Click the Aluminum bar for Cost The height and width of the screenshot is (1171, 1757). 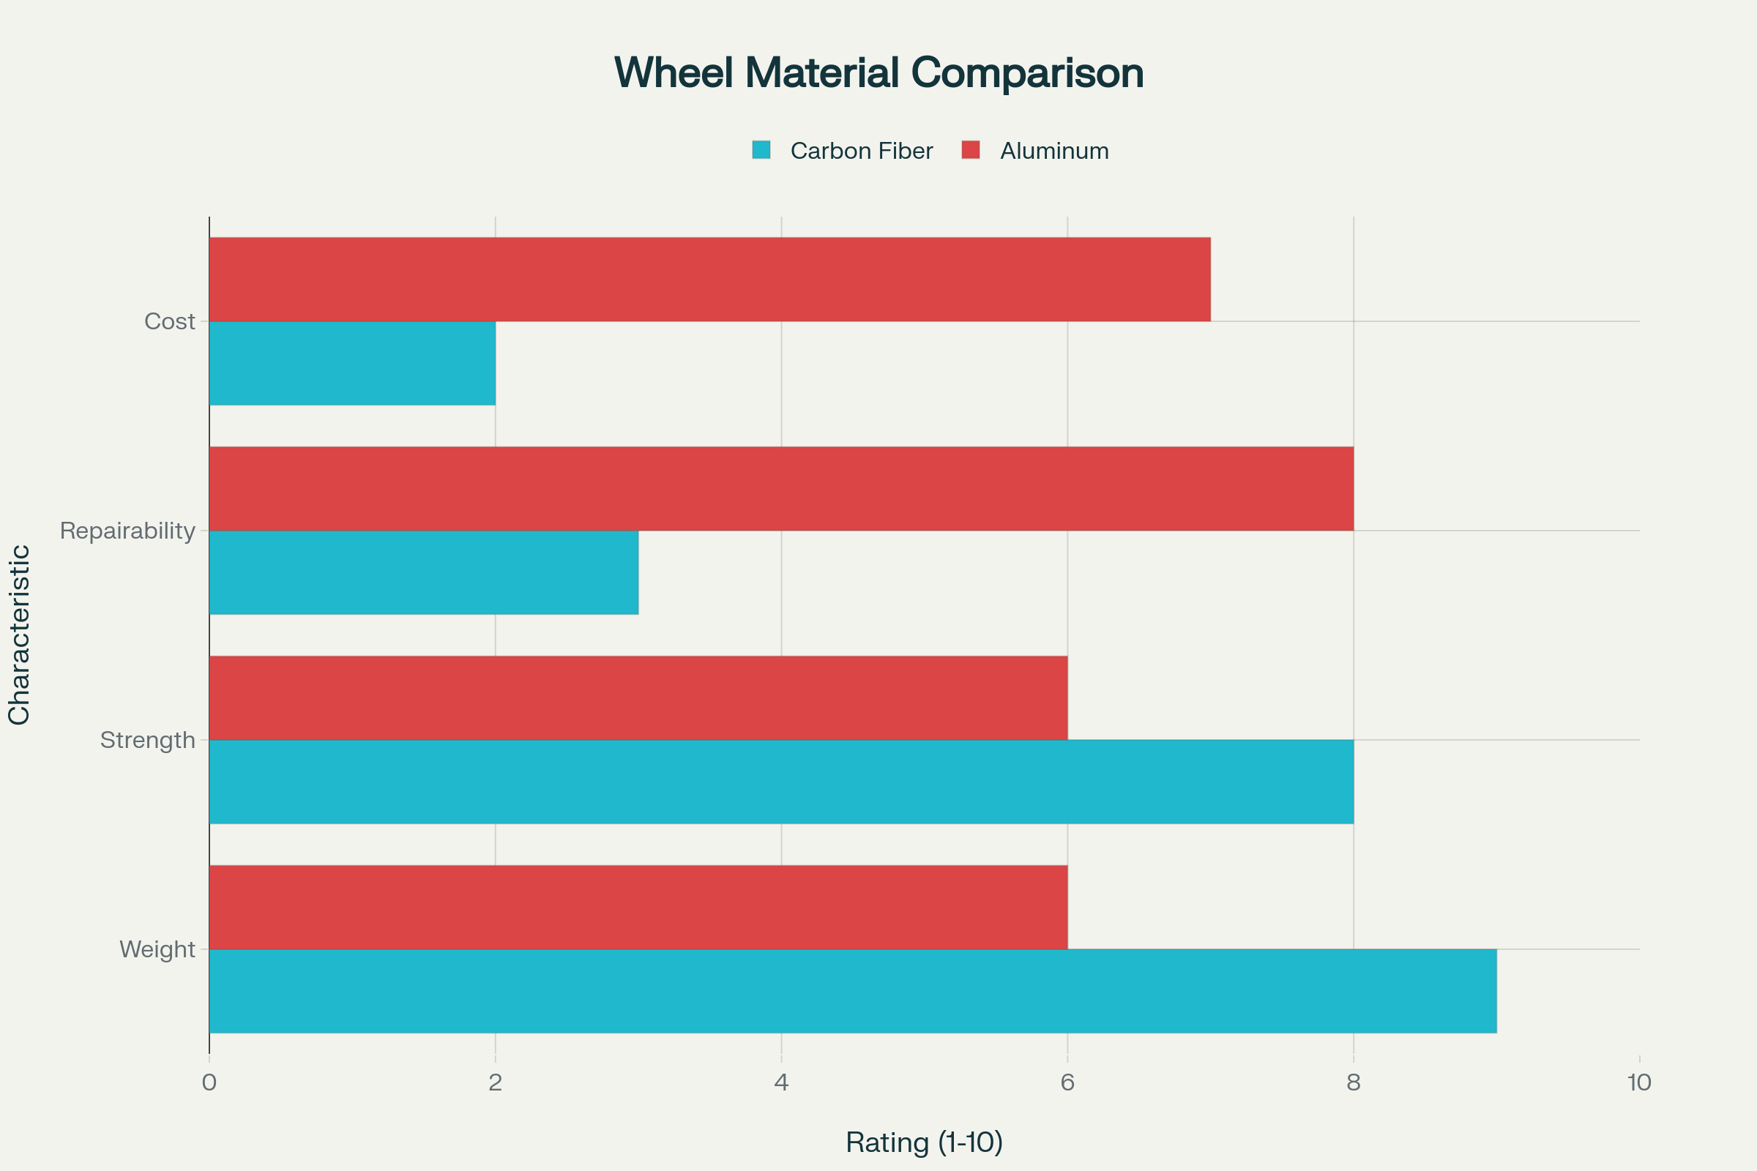[709, 280]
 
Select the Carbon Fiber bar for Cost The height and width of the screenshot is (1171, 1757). [352, 363]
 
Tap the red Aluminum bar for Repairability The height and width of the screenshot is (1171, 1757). [780, 488]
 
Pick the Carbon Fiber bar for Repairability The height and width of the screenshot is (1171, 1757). [424, 572]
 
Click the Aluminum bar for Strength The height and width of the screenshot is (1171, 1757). [638, 697]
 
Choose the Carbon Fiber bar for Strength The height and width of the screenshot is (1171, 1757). [780, 781]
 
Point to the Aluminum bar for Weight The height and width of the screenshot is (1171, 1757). [638, 907]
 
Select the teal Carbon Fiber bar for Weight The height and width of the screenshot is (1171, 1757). [852, 991]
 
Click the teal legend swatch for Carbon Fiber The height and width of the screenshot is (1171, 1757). [761, 150]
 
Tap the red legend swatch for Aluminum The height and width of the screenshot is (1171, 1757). [971, 150]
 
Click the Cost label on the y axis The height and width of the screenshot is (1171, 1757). [170, 322]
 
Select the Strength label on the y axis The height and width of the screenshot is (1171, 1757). [147, 740]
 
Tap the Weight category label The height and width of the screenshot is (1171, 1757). [157, 949]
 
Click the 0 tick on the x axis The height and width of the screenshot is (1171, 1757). [209, 1083]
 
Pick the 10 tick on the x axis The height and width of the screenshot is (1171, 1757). [1639, 1083]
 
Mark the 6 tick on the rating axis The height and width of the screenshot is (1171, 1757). [1067, 1083]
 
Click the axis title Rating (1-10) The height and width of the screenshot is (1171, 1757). [924, 1142]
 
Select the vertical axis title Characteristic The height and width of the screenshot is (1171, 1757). [20, 635]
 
